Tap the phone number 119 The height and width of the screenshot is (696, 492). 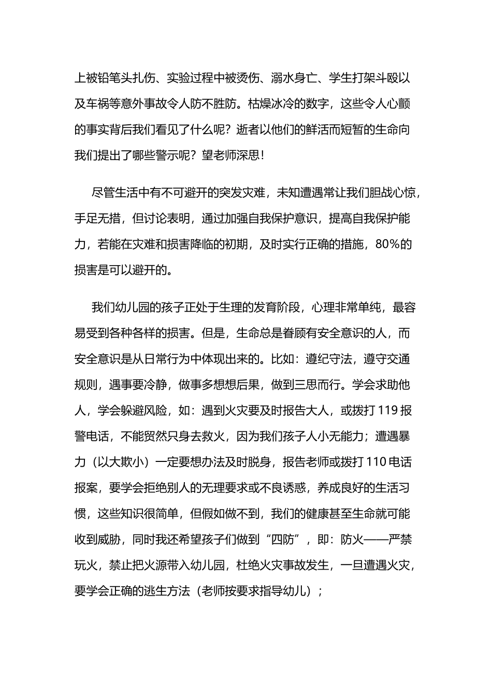point(388,410)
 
